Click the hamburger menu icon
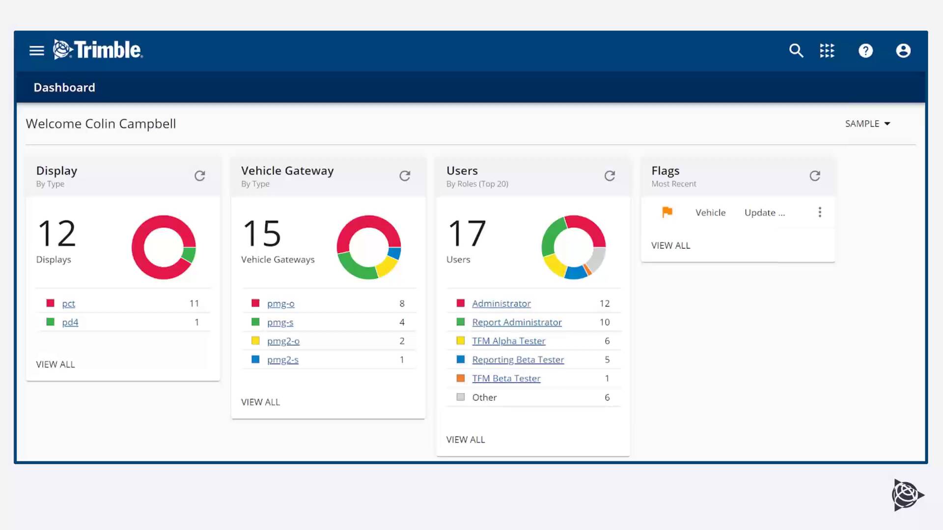pyautogui.click(x=37, y=51)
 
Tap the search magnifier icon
pyautogui.click(x=796, y=51)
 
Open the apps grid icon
pyautogui.click(x=827, y=51)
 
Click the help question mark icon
pyautogui.click(x=865, y=51)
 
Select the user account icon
pyautogui.click(x=903, y=51)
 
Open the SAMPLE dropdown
pyautogui.click(x=867, y=124)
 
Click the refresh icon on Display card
pyautogui.click(x=199, y=176)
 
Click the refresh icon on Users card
pyautogui.click(x=610, y=176)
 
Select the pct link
pyautogui.click(x=68, y=303)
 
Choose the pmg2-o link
pyautogui.click(x=283, y=341)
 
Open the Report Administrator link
pyautogui.click(x=517, y=322)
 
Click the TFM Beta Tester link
pyautogui.click(x=506, y=378)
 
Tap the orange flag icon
pyautogui.click(x=667, y=212)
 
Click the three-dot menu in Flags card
pyautogui.click(x=819, y=212)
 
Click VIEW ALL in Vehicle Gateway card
pyautogui.click(x=260, y=402)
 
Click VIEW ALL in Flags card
pyautogui.click(x=670, y=245)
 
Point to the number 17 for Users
pyautogui.click(x=467, y=234)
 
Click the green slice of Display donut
pyautogui.click(x=189, y=254)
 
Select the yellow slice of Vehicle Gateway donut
pyautogui.click(x=387, y=266)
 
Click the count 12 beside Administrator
pyautogui.click(x=604, y=303)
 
